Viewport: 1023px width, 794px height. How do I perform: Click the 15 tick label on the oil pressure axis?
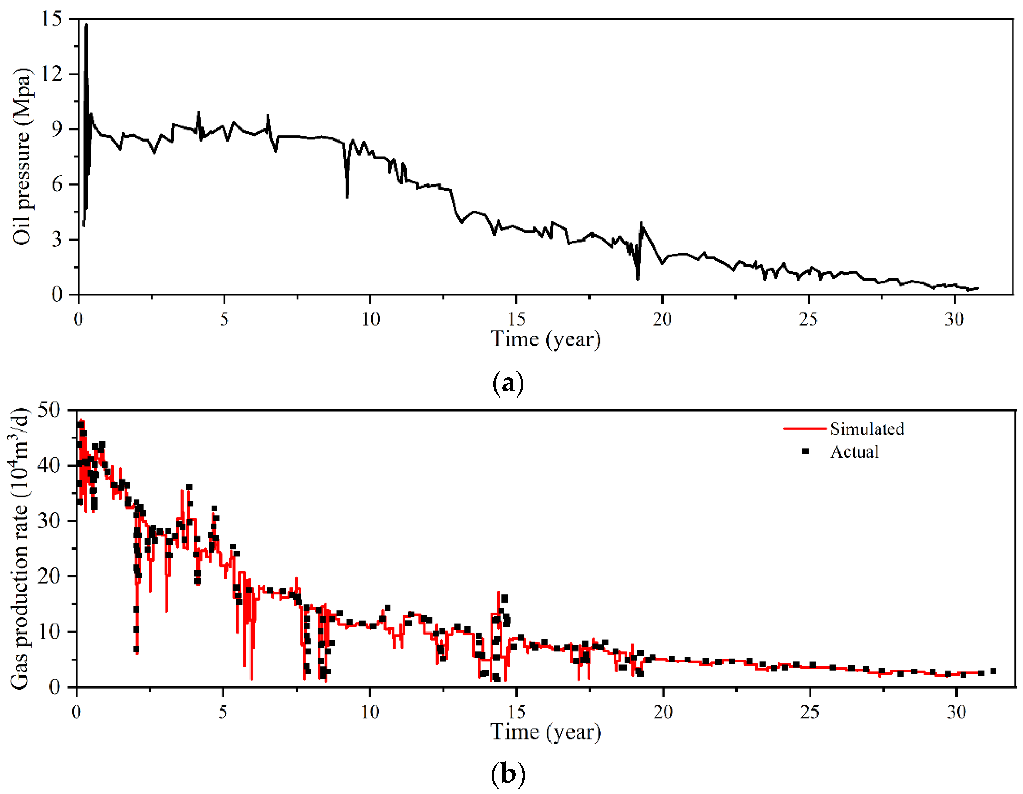(x=52, y=19)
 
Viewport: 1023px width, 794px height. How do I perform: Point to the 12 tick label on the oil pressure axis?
(x=52, y=74)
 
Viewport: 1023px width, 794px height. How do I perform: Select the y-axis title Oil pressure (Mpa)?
(x=22, y=156)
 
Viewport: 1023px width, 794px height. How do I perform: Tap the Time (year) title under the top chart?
(x=546, y=339)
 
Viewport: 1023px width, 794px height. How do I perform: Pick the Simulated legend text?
(x=867, y=429)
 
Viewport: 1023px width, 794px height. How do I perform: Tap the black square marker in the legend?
(x=806, y=451)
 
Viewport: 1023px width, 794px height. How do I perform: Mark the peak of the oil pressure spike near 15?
(x=86, y=24)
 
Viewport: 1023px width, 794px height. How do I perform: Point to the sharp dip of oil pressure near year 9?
(x=347, y=197)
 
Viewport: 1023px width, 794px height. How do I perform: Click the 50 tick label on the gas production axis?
(x=49, y=410)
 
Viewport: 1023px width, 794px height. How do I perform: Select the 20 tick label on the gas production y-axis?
(x=49, y=576)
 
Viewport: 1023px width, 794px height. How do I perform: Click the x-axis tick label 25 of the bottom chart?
(x=809, y=712)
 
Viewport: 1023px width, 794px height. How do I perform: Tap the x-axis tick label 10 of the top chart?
(x=370, y=320)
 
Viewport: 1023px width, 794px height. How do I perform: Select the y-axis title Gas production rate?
(x=20, y=548)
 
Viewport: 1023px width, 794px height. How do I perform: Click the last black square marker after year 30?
(x=993, y=671)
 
